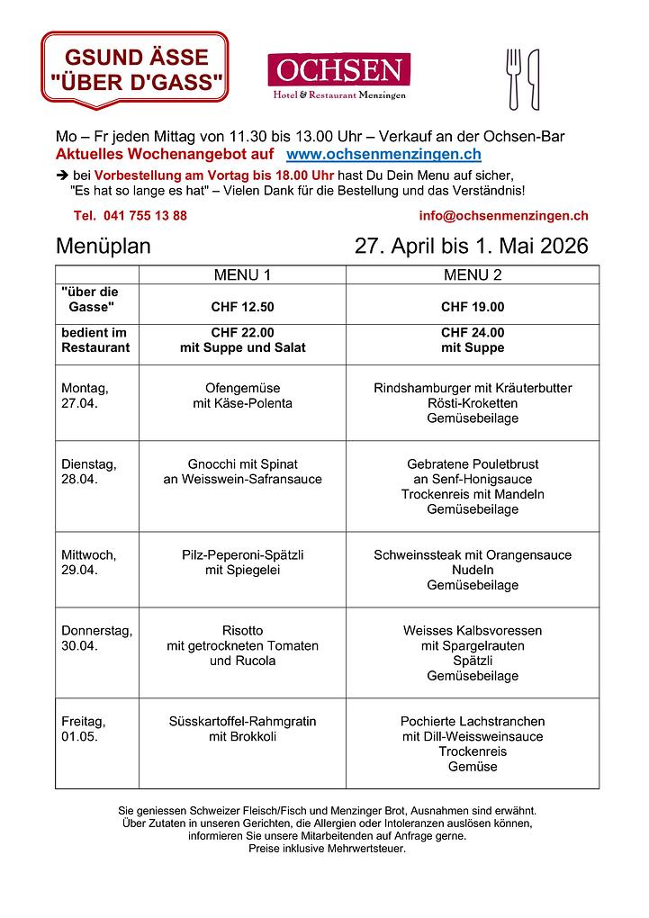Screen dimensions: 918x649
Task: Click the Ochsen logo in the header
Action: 338,76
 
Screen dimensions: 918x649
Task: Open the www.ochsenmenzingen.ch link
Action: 383,155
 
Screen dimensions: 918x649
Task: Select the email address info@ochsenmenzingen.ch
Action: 503,216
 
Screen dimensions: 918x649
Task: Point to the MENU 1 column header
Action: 242,274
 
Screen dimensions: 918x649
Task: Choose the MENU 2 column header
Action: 473,274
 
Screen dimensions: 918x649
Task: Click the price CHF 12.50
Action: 242,307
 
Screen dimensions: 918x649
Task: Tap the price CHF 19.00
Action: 473,307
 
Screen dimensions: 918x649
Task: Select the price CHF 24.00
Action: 473,332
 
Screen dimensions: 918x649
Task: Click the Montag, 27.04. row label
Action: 86,396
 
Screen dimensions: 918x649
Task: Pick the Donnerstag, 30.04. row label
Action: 96,638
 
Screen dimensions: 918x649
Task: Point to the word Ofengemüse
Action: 242,389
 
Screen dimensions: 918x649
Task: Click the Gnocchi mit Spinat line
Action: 242,464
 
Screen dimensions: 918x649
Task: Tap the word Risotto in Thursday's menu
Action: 242,631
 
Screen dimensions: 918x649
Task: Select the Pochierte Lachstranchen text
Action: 473,722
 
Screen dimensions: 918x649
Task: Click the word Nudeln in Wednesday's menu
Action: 473,570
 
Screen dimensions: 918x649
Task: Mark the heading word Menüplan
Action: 104,247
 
